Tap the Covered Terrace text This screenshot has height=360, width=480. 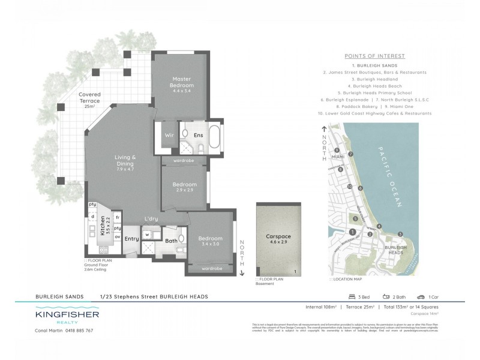[90, 98]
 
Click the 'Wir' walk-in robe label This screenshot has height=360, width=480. [169, 136]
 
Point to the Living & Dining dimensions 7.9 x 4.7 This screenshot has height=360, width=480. [125, 170]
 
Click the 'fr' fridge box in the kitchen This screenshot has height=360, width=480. [118, 218]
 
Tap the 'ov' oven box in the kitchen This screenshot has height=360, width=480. [118, 237]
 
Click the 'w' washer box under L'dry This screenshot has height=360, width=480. [147, 235]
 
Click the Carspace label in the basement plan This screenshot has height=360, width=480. [278, 237]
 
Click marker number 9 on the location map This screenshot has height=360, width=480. [337, 151]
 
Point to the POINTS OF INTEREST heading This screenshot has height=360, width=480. [374, 56]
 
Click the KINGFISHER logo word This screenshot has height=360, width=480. [67, 314]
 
